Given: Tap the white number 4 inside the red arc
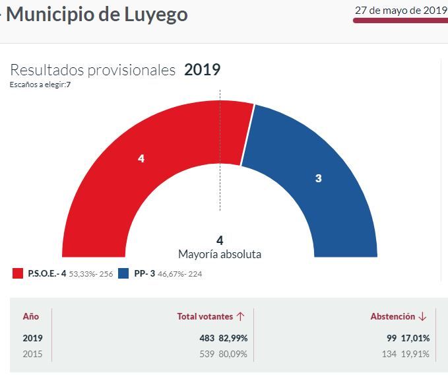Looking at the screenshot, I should [x=141, y=158].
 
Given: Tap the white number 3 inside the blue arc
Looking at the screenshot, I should [x=318, y=178].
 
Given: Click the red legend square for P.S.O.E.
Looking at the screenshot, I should [x=18, y=273].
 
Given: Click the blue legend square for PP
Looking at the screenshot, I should [x=123, y=273].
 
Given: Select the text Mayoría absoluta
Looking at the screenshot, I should [x=220, y=254].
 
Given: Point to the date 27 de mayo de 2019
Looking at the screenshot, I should [x=400, y=10].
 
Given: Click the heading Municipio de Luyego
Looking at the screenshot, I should [x=96, y=14].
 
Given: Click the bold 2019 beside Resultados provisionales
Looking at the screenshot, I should [x=202, y=70].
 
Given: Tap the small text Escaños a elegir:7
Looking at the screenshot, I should [x=40, y=85].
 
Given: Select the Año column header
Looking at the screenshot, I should [x=31, y=317].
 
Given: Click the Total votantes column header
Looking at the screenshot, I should [x=210, y=317].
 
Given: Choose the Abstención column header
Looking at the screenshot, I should [x=399, y=317].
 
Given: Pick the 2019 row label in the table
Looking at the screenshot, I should [x=32, y=338].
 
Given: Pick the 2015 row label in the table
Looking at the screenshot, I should [x=32, y=354].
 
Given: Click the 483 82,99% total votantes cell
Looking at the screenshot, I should [x=223, y=338].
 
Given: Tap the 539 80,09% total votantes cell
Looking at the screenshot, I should [x=223, y=354].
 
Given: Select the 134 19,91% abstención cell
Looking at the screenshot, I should [x=405, y=354].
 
